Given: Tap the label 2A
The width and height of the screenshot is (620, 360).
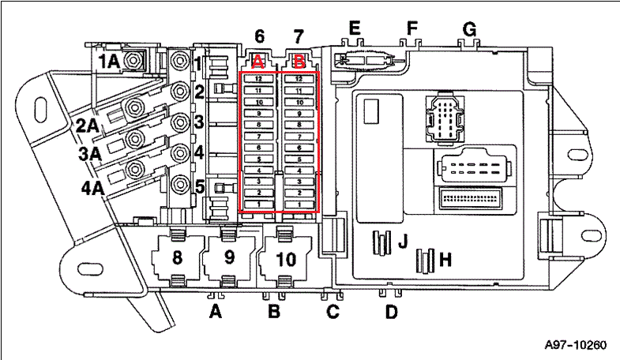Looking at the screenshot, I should pos(88,124).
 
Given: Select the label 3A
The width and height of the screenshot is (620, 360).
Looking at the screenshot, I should pos(90,154).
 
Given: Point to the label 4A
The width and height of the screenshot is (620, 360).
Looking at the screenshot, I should pos(92,188).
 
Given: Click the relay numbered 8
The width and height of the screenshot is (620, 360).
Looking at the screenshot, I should pos(176,257).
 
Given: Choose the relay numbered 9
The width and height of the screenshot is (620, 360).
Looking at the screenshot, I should pos(229,257).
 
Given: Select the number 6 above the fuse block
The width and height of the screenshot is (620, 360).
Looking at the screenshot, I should pos(259,36).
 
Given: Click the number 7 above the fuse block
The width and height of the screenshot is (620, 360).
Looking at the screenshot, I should pos(298,36).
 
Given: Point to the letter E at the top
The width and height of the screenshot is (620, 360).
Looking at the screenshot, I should pos(355,28).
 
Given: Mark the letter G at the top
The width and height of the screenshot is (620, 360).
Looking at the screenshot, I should pos(470,29).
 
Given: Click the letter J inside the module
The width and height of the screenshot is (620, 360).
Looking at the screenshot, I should pos(402,241).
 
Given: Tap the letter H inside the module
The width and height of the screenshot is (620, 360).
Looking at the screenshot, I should pos(445,259).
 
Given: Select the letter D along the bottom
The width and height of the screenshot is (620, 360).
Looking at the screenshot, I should pos(391,313).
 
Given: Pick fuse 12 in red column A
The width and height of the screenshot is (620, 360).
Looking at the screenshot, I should pos(258,79).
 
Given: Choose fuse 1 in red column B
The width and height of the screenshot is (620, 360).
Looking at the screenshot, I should pos(299,204).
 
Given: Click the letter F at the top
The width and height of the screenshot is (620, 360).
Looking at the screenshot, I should pos(411,28).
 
